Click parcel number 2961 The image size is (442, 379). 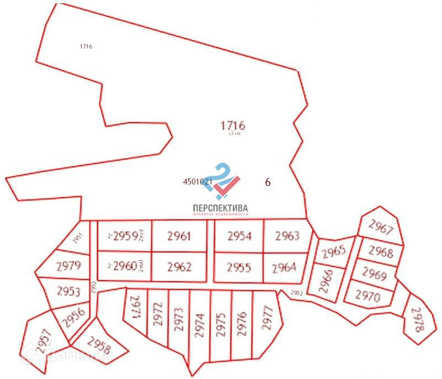coord(179,236)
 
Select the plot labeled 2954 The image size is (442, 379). coord(239,236)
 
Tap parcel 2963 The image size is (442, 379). coord(287,236)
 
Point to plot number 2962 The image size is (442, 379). coord(179,267)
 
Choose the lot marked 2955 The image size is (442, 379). coord(239,267)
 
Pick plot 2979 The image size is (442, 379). coord(68,266)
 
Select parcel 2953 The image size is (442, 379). coord(68,291)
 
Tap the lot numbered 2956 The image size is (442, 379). coord(72,317)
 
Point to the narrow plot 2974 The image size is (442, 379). coord(200,326)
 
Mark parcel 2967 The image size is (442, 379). coord(381,227)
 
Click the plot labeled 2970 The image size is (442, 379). coord(368,296)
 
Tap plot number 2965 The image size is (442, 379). coord(333,251)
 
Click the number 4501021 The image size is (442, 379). coord(197,181)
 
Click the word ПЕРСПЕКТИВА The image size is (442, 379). coord(220,208)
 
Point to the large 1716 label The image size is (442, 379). coord(232,125)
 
